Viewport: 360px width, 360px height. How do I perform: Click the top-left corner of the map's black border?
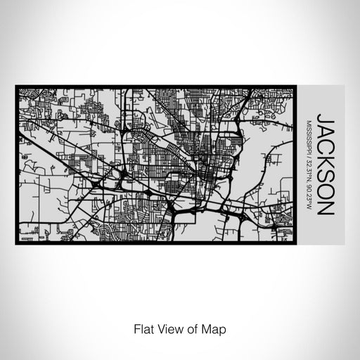(16, 86)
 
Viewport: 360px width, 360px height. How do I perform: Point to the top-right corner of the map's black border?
(295, 86)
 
